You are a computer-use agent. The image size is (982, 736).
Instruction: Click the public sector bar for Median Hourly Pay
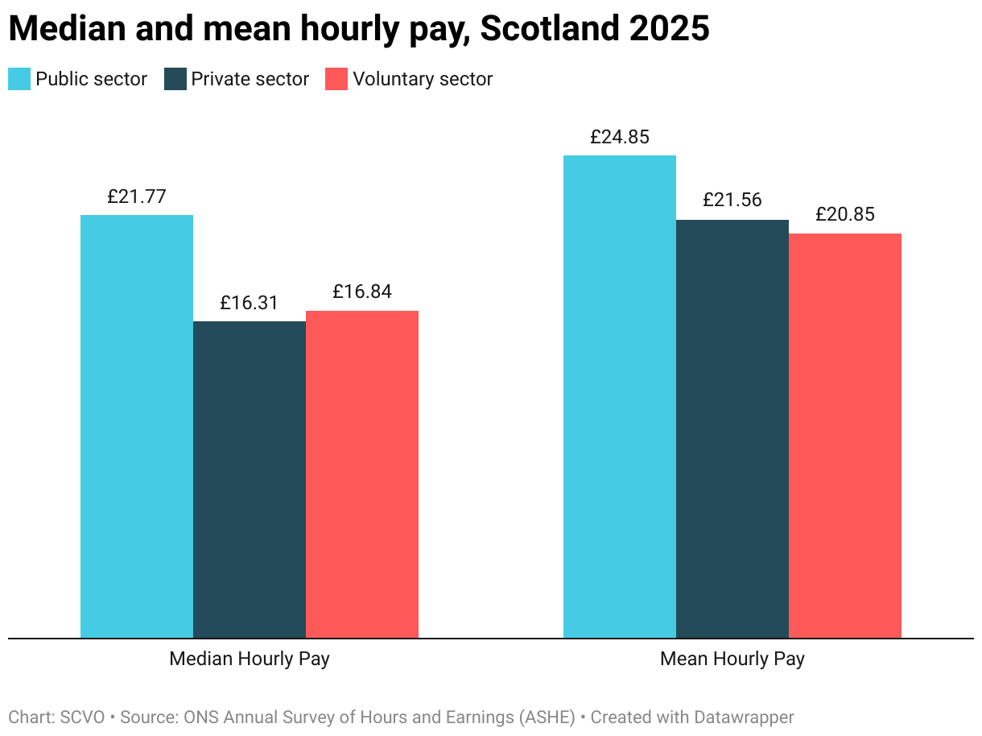[x=137, y=427]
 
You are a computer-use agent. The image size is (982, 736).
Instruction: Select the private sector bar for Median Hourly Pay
[x=250, y=480]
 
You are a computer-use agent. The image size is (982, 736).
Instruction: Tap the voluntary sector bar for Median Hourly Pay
[x=362, y=474]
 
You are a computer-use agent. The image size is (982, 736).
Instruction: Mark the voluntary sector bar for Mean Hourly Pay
[x=845, y=436]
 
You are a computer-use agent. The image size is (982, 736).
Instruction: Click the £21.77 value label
[x=137, y=196]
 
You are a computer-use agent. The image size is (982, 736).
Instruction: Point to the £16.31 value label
[x=250, y=303]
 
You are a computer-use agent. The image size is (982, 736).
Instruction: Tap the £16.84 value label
[x=362, y=292]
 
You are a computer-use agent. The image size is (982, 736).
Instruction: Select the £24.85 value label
[x=620, y=137]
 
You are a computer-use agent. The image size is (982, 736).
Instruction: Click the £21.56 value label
[x=732, y=200]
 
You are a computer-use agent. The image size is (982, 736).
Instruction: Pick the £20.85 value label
[x=845, y=214]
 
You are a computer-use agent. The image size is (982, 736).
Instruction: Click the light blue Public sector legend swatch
[x=19, y=79]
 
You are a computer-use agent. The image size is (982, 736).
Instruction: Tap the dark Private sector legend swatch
[x=175, y=79]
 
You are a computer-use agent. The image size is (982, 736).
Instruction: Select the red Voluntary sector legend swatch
[x=336, y=79]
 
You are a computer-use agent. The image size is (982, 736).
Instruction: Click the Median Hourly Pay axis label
[x=250, y=659]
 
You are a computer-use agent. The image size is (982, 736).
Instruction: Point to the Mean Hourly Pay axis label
[x=732, y=659]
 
